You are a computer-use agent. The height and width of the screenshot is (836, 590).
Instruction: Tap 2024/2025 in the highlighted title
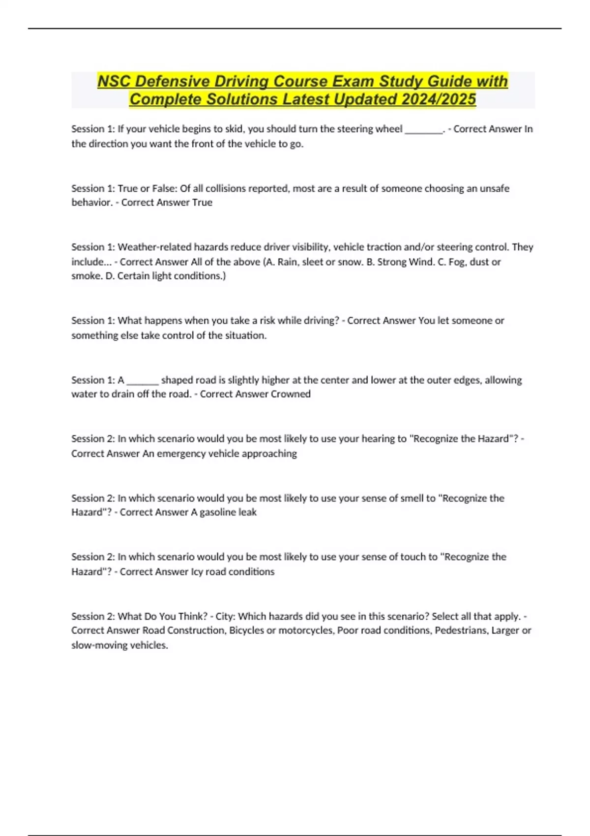(x=439, y=99)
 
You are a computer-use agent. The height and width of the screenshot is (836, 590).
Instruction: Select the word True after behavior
(x=202, y=203)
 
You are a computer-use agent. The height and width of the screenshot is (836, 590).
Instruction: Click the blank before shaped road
(x=143, y=381)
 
